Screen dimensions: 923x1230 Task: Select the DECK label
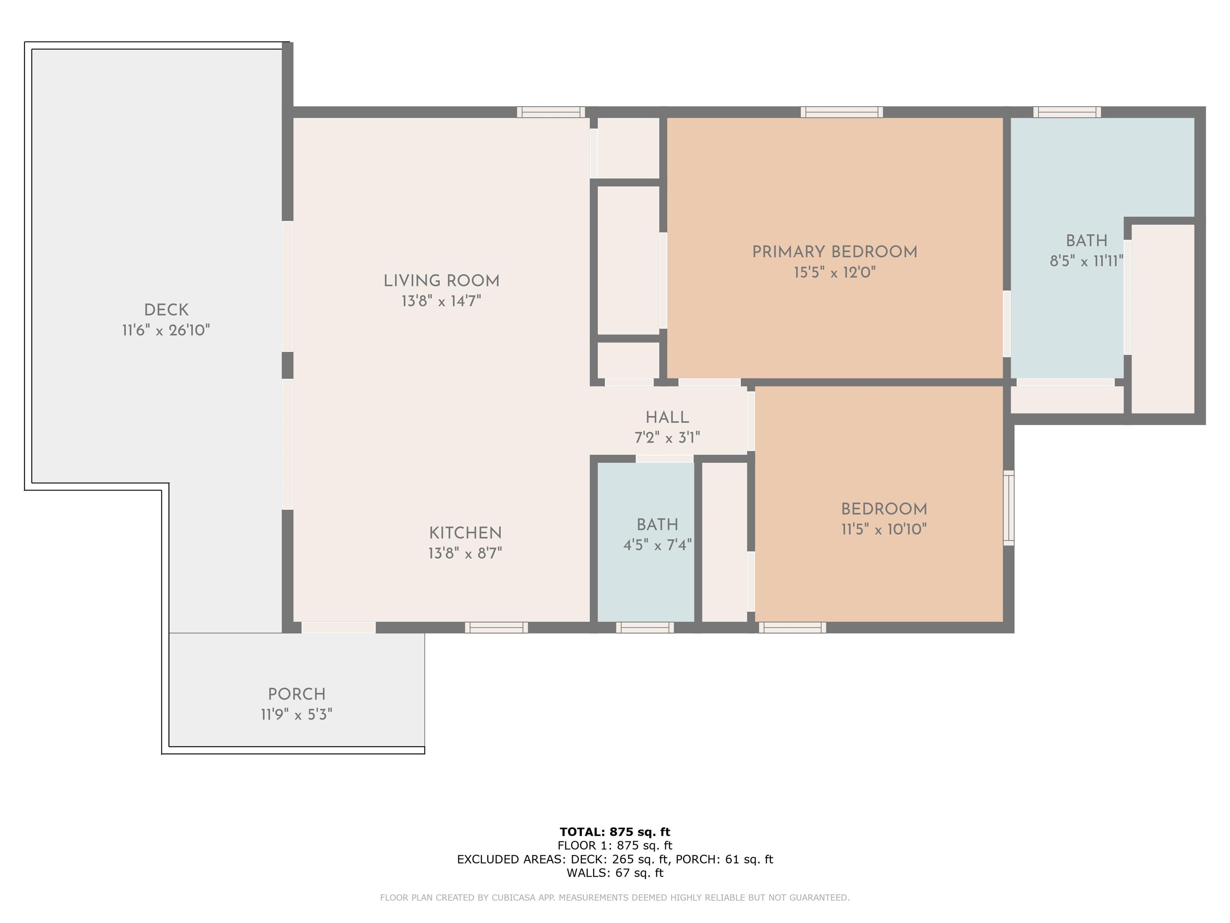click(166, 310)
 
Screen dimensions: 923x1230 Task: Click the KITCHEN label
click(465, 533)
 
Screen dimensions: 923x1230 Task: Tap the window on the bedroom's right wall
click(1008, 508)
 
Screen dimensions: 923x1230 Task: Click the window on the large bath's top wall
click(1067, 112)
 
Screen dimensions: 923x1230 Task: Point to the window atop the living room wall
click(551, 112)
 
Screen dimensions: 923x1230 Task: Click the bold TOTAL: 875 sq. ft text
click(615, 832)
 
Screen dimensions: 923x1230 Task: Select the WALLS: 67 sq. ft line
click(615, 873)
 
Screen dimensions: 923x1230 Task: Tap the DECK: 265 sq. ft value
click(619, 859)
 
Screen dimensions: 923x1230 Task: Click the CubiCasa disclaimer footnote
click(615, 897)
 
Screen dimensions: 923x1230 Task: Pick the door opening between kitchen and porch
click(338, 628)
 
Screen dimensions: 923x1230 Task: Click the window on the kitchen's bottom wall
click(496, 628)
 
